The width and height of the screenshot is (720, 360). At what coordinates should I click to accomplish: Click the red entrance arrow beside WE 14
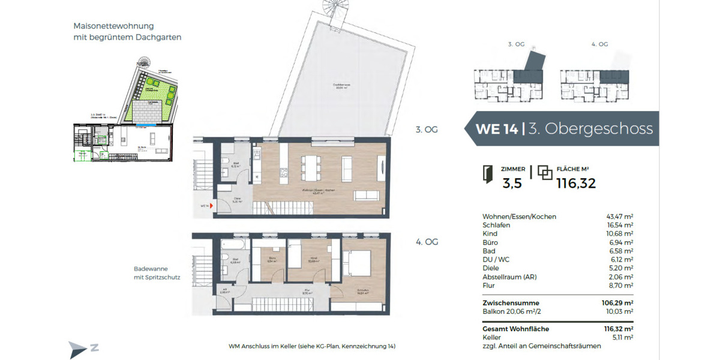coord(212,206)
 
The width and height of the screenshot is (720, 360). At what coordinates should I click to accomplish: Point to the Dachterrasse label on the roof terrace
coord(343,86)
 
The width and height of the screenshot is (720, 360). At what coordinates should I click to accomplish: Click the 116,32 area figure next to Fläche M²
coord(576,184)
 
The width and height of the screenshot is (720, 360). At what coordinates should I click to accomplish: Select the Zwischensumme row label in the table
coord(511,303)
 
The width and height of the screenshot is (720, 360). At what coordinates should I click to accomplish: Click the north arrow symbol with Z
coord(83,349)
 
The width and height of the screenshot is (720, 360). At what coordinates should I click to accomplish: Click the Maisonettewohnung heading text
coord(113,26)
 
